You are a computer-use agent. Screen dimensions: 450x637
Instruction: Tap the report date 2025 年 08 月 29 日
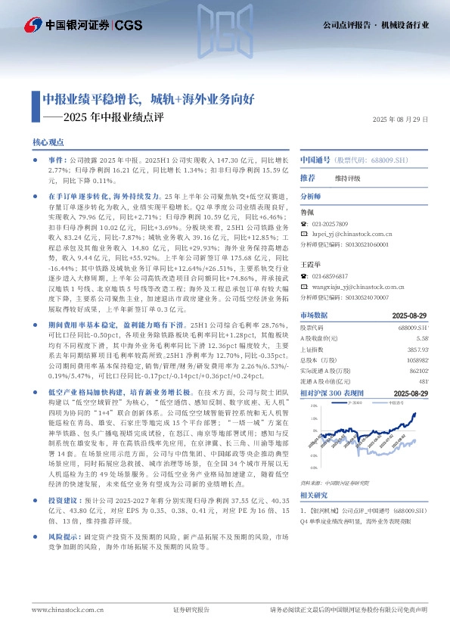coord(401,119)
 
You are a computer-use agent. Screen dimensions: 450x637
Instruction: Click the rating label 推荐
coord(308,177)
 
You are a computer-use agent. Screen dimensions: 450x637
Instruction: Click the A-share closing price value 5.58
coord(423,337)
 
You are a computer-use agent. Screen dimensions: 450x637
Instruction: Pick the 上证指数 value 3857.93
coord(417,350)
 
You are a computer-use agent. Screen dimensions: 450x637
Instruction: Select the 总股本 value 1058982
coord(417,361)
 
